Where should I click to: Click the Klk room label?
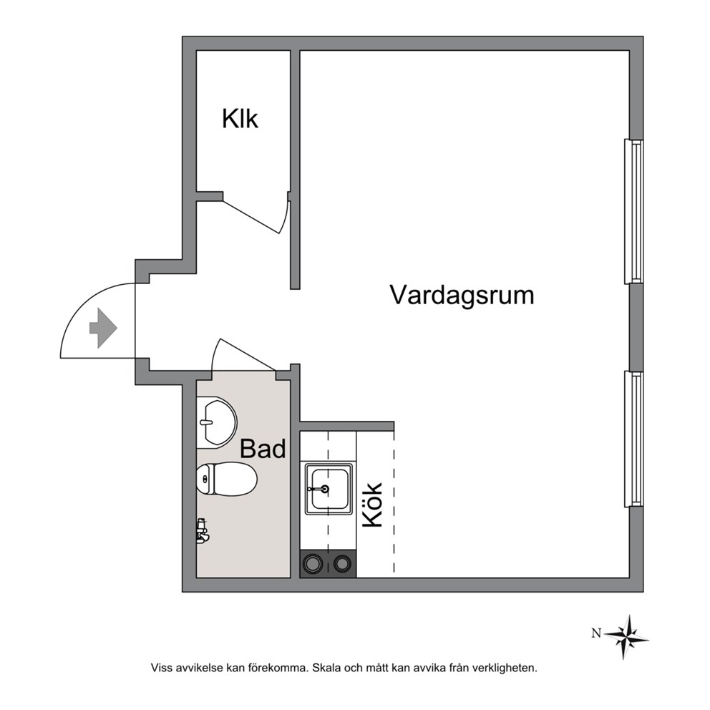point(240,119)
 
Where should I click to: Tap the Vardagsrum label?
point(462,296)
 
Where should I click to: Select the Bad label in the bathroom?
point(263,449)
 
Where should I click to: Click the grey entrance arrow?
point(104,328)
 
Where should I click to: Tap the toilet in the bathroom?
point(227,480)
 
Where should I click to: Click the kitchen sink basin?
point(328,489)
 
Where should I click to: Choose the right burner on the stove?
point(342,564)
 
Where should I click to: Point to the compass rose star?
point(626,637)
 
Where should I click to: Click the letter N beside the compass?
point(596,633)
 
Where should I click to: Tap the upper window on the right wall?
point(634,211)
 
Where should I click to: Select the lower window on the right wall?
point(634,439)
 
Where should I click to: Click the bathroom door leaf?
point(248,354)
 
